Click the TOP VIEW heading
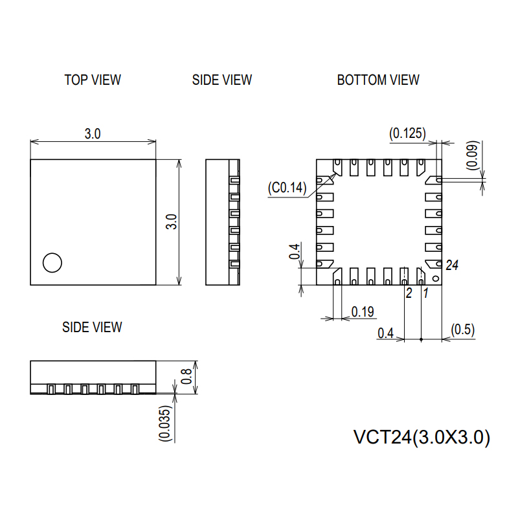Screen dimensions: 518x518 coord(93,80)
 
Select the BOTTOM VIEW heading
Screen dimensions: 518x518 coord(378,80)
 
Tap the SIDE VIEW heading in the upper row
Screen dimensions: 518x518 coord(222,80)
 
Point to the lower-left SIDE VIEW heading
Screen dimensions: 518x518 coord(92,327)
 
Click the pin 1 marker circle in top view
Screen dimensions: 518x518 coord(52,262)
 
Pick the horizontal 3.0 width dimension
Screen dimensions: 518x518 coord(93,133)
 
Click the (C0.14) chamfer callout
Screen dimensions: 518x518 coord(287,188)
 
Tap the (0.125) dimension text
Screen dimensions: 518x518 coord(407,133)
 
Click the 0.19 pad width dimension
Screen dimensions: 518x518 coord(363,312)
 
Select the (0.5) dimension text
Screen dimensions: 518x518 coord(463,330)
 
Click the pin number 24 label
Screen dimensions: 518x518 coord(452,265)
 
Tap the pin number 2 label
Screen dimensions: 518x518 coord(409,293)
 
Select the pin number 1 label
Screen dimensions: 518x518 coord(425,293)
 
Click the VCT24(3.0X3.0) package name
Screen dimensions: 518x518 coord(422,438)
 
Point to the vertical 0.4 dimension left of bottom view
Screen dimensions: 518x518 coord(295,253)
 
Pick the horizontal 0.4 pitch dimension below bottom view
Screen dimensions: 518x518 coord(385,333)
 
